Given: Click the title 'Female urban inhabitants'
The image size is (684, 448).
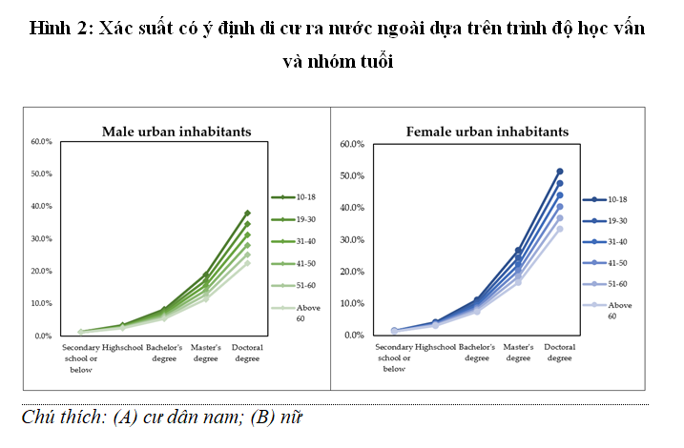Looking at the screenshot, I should coord(487,131).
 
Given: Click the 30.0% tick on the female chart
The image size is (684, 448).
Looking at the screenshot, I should coord(353,239).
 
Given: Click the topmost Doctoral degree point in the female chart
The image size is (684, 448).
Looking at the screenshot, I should coord(560,172).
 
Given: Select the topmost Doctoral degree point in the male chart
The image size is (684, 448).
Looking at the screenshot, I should coord(247,213).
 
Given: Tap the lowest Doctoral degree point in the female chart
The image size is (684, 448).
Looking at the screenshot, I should coord(560,229).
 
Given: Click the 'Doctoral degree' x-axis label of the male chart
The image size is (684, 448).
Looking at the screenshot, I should coord(247,354).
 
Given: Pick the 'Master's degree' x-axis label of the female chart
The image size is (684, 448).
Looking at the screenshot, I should coord(518,353).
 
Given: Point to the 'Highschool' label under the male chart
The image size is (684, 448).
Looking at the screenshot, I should coord(121,348).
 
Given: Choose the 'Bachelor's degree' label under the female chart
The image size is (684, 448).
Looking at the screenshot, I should coord(476,353).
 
